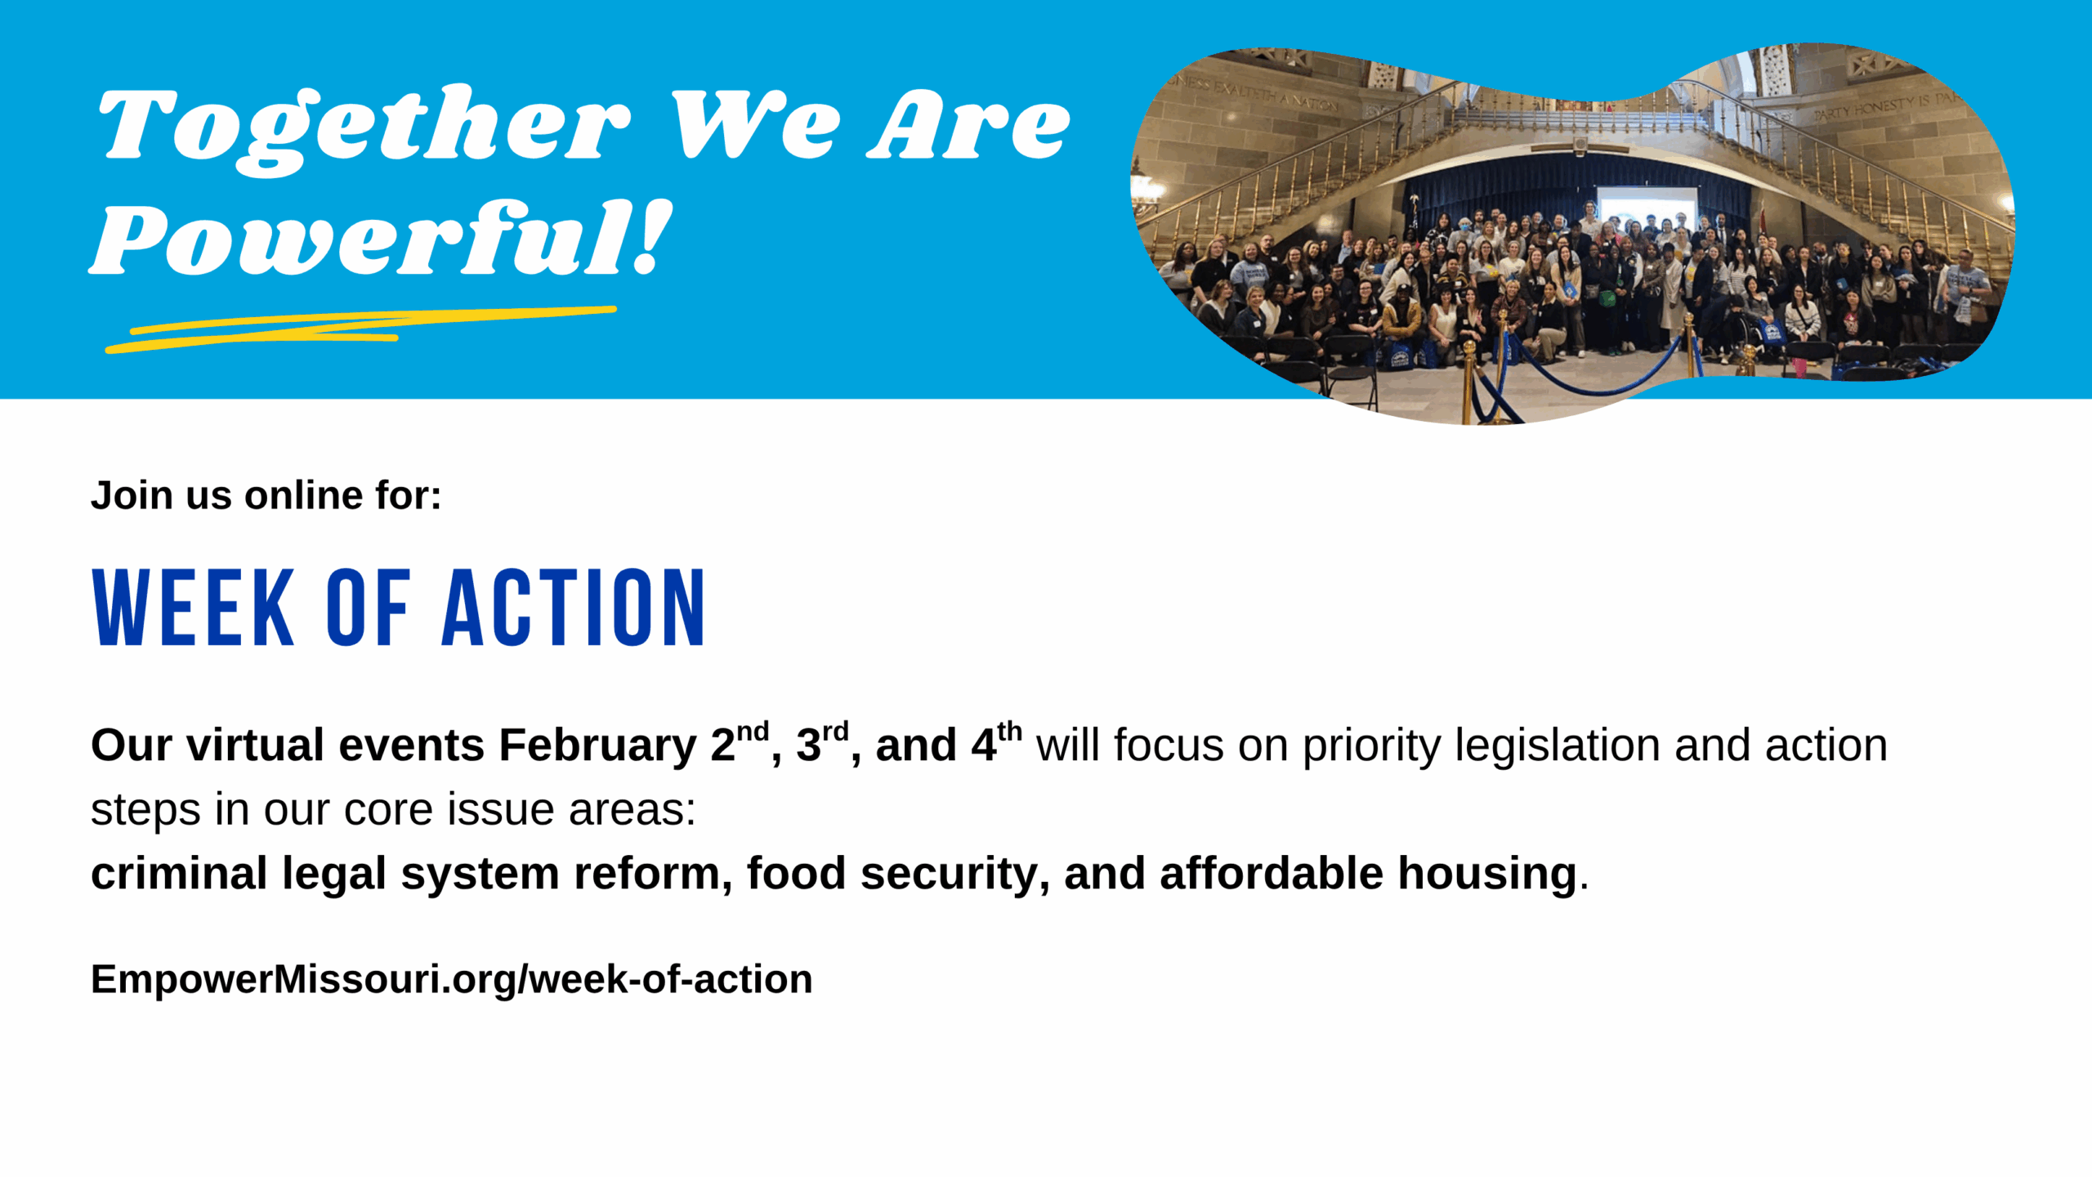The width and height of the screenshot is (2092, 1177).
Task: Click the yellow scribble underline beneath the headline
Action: (x=360, y=329)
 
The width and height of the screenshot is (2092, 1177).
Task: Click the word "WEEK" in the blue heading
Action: (x=194, y=607)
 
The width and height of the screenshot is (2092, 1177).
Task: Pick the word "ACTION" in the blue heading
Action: (x=574, y=607)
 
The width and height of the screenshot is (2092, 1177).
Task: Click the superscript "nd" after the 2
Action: (x=753, y=731)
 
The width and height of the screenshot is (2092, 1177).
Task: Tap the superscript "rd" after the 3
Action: (x=835, y=731)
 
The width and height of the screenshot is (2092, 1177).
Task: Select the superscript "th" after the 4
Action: (x=1009, y=731)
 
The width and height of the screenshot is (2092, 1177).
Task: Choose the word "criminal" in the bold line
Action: (x=179, y=873)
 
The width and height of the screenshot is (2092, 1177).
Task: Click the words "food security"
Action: (x=892, y=875)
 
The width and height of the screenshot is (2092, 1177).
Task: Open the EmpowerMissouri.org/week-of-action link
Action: (x=452, y=980)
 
